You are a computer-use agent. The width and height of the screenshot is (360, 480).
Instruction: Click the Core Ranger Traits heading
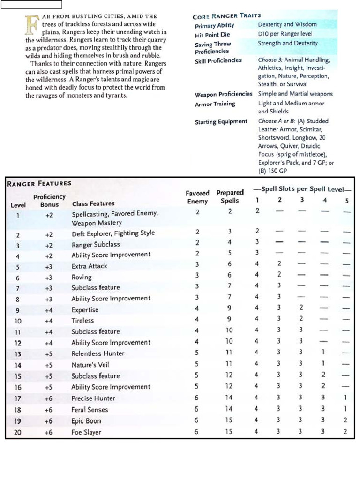(x=227, y=15)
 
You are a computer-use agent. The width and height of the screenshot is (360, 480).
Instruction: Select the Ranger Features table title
(x=39, y=183)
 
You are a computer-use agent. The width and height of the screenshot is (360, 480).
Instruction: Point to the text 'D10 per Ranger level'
(x=285, y=34)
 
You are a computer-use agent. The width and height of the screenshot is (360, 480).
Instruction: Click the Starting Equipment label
(x=221, y=122)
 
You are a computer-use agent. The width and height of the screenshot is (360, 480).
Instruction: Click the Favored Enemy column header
(x=197, y=197)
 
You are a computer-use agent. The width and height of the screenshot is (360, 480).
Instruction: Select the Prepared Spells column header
(x=230, y=196)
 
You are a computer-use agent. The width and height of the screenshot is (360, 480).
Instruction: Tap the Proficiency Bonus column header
(x=49, y=201)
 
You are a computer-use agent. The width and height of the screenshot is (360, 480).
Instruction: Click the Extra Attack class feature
(x=89, y=266)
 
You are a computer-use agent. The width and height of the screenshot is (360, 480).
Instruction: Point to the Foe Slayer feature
(x=86, y=432)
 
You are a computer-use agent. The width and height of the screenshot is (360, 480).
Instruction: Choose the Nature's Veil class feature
(x=91, y=365)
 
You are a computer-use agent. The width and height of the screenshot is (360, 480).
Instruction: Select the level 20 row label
(x=18, y=432)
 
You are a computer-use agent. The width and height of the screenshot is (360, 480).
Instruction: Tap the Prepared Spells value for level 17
(x=228, y=398)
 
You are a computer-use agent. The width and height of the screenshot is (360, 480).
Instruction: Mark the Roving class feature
(x=82, y=277)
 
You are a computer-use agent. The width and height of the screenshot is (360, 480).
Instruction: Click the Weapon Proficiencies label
(x=223, y=95)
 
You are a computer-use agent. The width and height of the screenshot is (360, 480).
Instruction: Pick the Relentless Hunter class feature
(x=98, y=353)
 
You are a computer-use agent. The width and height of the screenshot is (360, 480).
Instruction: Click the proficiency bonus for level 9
(x=49, y=310)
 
